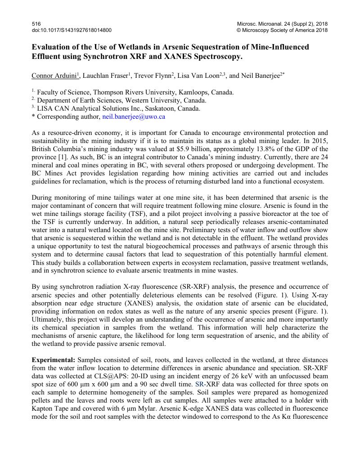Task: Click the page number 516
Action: (x=36, y=23)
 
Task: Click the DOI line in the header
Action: (x=72, y=30)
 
